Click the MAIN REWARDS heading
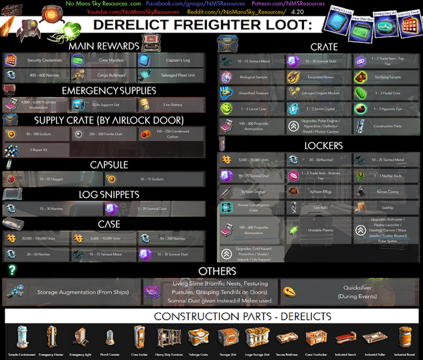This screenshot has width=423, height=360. point(104,46)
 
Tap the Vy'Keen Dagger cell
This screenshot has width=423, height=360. point(251,192)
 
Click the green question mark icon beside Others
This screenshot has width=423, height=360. point(12,269)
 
